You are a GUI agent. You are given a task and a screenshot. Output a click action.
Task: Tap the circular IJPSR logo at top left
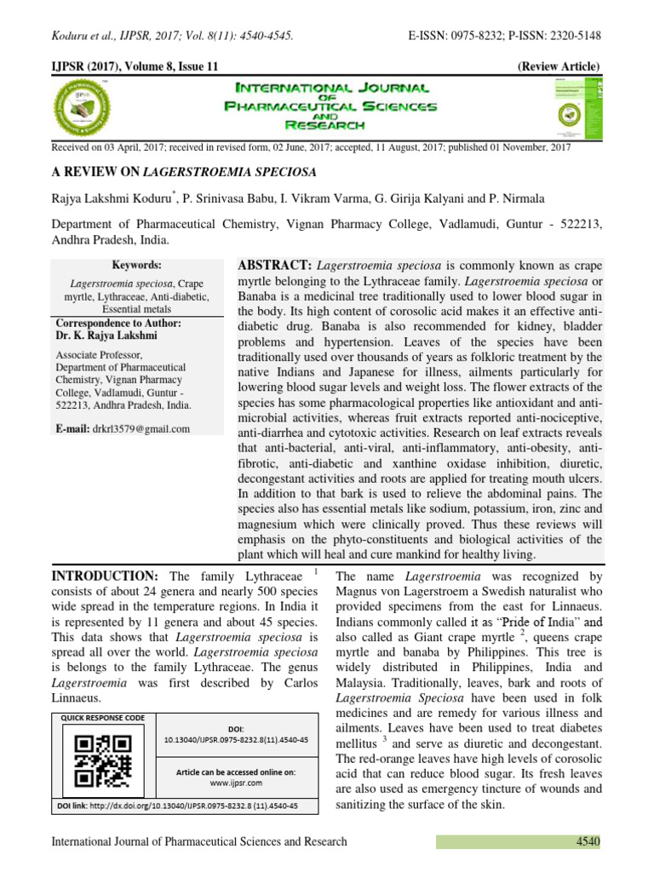tap(84, 107)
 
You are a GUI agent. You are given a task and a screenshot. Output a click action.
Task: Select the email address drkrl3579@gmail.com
tap(142, 429)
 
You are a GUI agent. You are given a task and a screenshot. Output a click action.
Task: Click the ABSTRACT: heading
tap(274, 266)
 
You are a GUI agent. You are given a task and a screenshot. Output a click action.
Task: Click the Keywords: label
tap(136, 266)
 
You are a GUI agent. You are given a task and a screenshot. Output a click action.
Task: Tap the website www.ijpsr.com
tap(236, 782)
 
